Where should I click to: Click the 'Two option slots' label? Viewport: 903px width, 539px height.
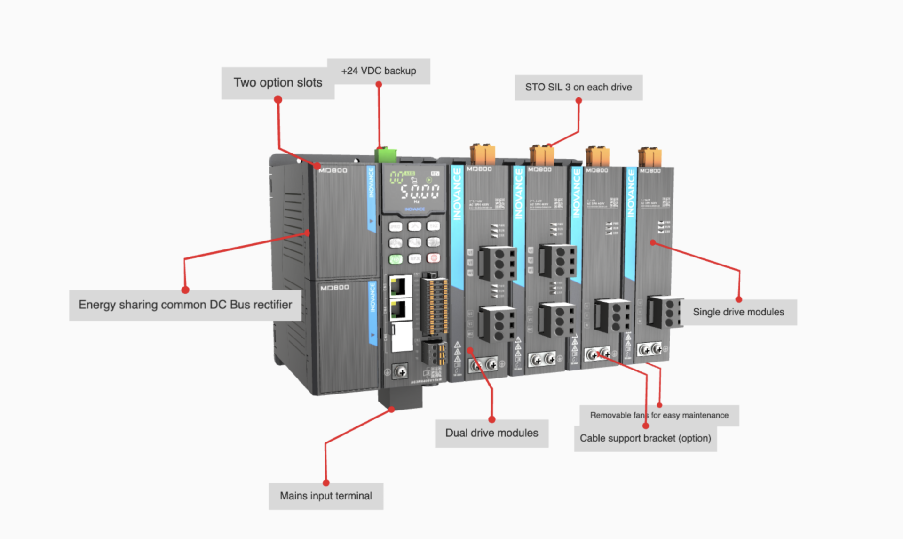[277, 82]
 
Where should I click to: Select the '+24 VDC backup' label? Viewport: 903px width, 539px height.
[378, 71]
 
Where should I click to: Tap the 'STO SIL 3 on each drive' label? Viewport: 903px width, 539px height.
[578, 87]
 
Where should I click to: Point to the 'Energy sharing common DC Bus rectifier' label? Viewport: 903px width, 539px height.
[185, 305]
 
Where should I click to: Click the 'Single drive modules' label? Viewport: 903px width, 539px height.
[738, 312]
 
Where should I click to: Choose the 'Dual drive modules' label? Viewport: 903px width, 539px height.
[491, 433]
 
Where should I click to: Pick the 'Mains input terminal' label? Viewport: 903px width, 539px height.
[325, 496]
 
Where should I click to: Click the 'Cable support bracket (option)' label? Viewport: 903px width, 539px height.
[645, 438]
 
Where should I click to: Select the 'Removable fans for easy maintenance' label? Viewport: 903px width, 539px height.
[659, 415]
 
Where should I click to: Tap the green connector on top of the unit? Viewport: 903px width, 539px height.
[386, 155]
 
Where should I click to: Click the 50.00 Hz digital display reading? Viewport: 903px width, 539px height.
[420, 192]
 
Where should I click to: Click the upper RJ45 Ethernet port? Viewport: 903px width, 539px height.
[398, 286]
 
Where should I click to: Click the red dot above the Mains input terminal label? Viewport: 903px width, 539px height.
[326, 483]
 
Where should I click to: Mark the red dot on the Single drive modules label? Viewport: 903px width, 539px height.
[739, 299]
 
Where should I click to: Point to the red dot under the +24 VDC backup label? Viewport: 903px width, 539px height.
[379, 85]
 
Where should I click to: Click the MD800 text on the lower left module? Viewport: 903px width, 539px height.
[334, 288]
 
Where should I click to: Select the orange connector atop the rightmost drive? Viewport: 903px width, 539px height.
[650, 157]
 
